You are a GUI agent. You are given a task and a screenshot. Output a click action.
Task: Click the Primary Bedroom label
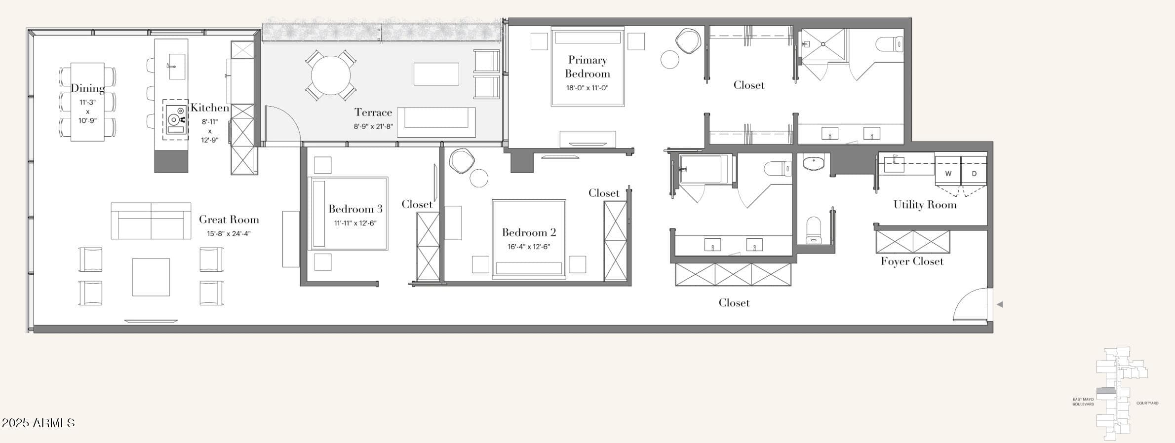coord(587,67)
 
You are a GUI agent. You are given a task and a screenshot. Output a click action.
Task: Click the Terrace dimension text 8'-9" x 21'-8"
coord(373,126)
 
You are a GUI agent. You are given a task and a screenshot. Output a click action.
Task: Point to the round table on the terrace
coord(331,75)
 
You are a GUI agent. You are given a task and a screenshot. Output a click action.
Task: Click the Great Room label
coord(229,220)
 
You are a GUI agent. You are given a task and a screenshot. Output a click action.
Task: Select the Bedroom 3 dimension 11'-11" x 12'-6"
coord(355,223)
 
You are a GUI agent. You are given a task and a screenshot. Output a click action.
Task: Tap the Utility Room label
coord(925,205)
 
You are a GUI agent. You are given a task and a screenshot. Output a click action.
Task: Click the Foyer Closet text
coord(912,261)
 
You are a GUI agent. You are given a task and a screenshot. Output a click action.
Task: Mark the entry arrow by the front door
coord(1000,304)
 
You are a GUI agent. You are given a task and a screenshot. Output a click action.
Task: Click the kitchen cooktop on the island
coord(175,119)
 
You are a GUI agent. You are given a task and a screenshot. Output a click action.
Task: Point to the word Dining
coord(87,88)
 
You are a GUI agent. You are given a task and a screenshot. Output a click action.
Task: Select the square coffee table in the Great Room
coord(151,277)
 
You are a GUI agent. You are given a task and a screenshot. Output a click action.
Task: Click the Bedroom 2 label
coord(529,232)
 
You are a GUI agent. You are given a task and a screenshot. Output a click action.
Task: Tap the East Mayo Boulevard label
coord(1083,402)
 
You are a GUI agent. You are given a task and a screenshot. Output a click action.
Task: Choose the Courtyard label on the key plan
coord(1147,403)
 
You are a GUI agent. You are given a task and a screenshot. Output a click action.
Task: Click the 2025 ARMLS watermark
coord(38,423)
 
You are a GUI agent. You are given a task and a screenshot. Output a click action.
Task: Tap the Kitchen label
coord(210,108)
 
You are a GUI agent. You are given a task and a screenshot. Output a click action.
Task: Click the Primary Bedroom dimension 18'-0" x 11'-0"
coord(587,88)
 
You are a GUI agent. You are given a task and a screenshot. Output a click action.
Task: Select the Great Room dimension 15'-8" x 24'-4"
coord(229,234)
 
